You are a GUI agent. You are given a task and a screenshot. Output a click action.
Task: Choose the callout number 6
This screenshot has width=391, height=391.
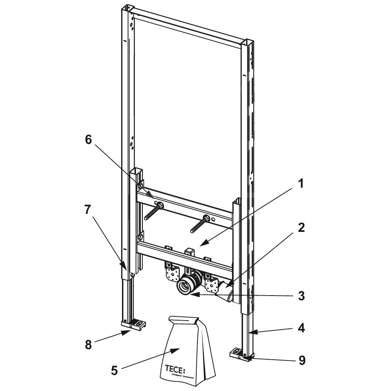click(89, 140)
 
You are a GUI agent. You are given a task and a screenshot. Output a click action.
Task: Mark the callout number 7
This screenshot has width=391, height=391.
click(88, 210)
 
